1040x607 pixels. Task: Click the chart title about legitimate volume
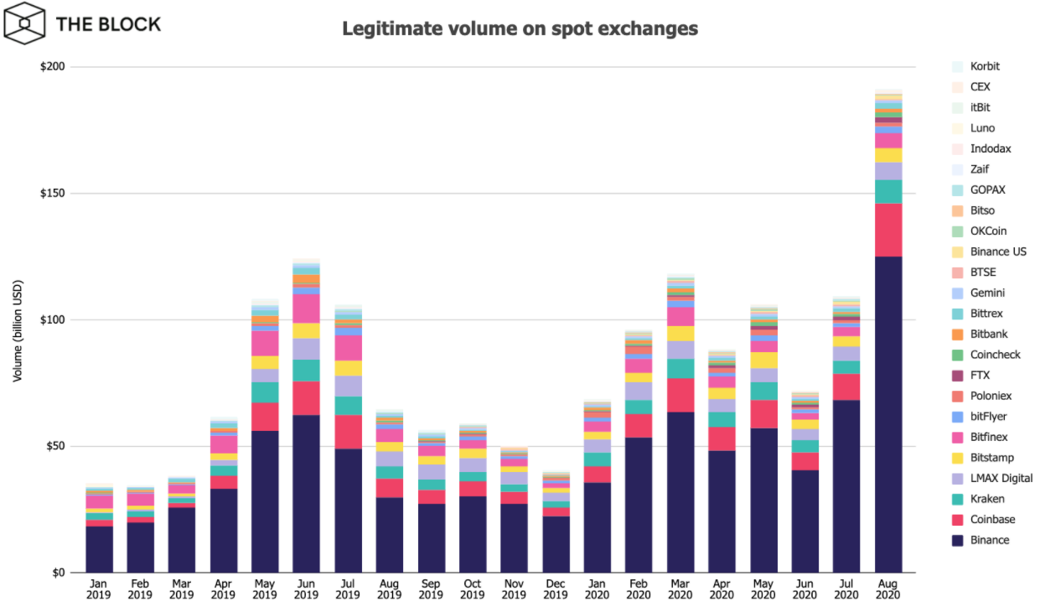[520, 29]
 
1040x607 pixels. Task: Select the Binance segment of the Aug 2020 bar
[887, 414]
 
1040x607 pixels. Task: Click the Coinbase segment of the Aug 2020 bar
[887, 230]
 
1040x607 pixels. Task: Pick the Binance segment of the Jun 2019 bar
[307, 494]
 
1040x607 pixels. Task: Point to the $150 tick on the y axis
[56, 193]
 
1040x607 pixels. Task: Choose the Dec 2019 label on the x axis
[556, 588]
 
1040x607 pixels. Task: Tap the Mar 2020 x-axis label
[680, 588]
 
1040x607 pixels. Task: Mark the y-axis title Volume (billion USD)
[18, 319]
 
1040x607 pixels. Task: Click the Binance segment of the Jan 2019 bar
[99, 549]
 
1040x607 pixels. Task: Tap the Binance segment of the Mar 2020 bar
[680, 492]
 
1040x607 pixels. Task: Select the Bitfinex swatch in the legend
[957, 437]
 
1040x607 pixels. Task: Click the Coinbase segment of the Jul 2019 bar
[348, 432]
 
